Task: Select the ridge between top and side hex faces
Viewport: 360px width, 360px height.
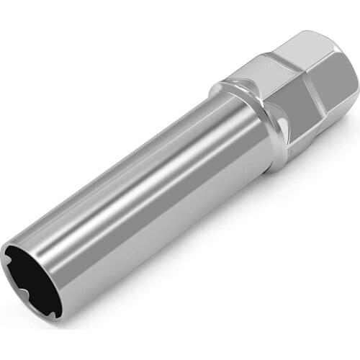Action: tap(288, 86)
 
